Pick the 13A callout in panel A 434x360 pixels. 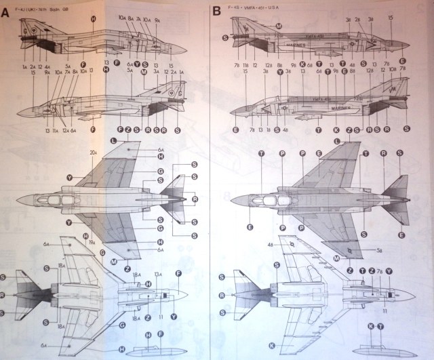point(157,274)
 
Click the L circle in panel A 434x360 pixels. point(115,140)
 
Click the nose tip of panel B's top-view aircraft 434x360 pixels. point(231,199)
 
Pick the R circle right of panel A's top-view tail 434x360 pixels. point(195,200)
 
